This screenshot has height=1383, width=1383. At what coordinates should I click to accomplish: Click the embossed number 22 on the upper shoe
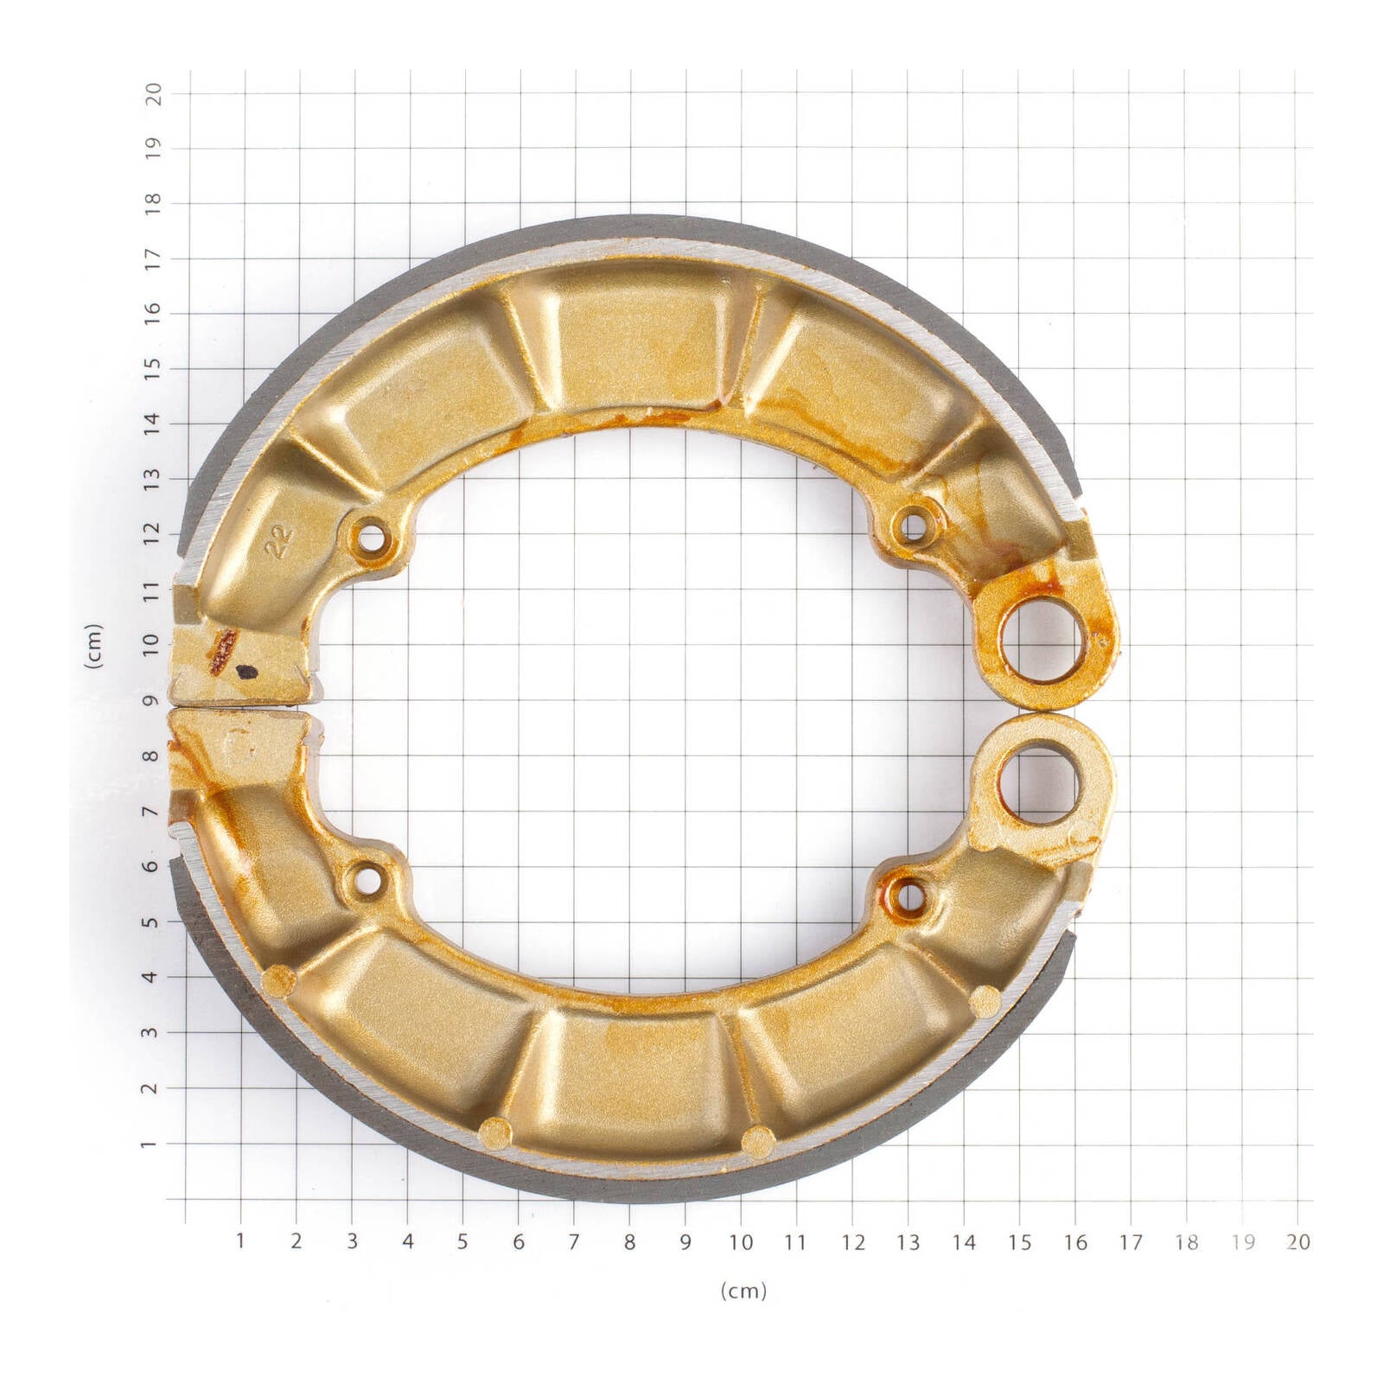tap(279, 541)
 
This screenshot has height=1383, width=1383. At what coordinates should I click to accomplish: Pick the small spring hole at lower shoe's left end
tap(368, 881)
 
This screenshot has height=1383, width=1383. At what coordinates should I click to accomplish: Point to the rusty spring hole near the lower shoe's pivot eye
tap(907, 896)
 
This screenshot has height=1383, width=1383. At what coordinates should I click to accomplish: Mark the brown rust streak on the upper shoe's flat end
tap(221, 650)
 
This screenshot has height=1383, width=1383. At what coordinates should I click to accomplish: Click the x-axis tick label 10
tap(741, 1242)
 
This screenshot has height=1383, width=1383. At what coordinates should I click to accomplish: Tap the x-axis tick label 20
tap(1297, 1242)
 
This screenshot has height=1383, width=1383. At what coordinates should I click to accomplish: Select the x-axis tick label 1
tap(240, 1241)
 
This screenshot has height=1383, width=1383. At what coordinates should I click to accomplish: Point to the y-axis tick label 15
tap(152, 368)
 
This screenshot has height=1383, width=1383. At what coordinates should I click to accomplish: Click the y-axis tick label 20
tap(152, 92)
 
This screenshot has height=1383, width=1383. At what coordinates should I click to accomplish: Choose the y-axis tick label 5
tap(152, 921)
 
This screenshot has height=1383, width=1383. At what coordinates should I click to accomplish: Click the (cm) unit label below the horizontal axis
tap(743, 1291)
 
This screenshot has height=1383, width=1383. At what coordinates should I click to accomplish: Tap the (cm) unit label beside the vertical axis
tap(93, 645)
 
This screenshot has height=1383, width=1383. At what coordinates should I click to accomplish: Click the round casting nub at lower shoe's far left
tap(278, 981)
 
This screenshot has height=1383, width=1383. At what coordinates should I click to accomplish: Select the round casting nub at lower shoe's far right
tap(985, 1002)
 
